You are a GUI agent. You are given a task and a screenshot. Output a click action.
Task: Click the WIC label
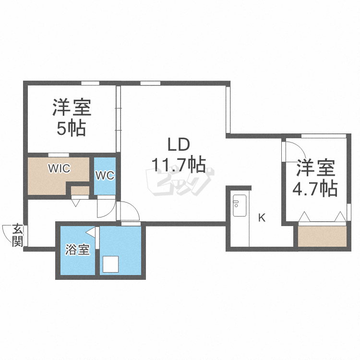click(59, 168)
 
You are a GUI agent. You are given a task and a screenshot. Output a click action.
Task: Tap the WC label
click(104, 176)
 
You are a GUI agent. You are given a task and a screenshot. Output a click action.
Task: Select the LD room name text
click(179, 144)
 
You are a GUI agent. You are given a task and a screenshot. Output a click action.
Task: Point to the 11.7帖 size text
click(179, 165)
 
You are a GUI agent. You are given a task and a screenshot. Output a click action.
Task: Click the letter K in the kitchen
click(262, 218)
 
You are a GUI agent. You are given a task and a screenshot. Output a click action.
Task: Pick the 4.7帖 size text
click(314, 188)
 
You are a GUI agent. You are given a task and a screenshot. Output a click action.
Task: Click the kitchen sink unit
click(239, 205)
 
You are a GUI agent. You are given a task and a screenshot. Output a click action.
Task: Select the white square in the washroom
click(111, 264)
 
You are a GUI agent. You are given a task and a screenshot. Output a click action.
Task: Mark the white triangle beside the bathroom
click(91, 233)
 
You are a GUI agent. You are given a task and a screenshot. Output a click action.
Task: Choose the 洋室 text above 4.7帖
click(314, 168)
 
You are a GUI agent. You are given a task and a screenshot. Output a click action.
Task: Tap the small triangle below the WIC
click(75, 203)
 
